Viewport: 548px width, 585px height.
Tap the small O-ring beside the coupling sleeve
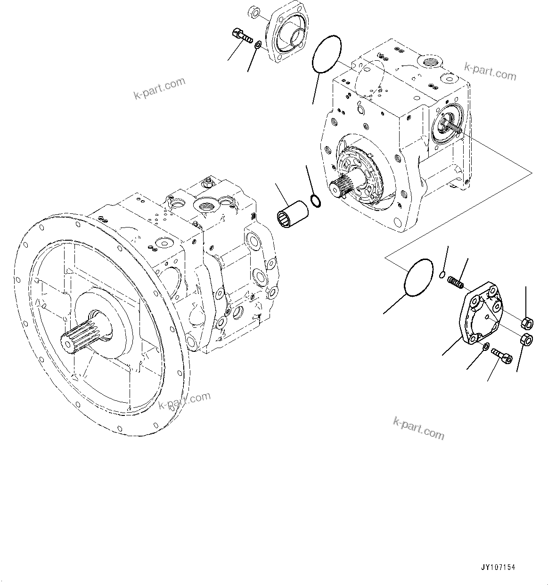coord(316,202)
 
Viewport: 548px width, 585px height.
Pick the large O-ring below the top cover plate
coord(326,55)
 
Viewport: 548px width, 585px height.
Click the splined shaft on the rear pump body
coord(345,188)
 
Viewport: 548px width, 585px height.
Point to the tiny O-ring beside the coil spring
coord(442,275)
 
